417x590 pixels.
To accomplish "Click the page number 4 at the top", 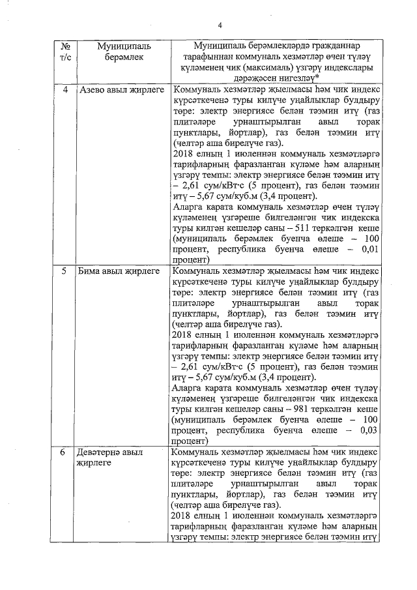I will pos(220,25).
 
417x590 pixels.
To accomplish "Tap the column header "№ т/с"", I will pos(65,53).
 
